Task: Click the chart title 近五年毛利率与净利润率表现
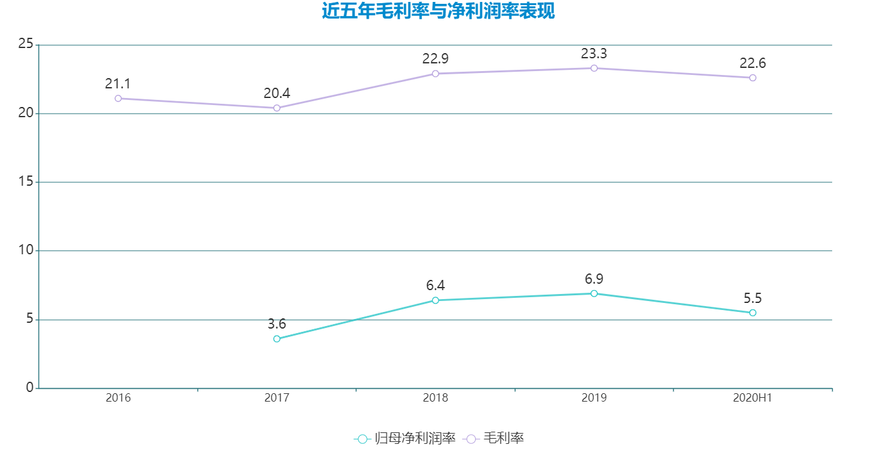[x=438, y=12]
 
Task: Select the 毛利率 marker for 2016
[x=118, y=99]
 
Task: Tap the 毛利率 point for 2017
[x=277, y=108]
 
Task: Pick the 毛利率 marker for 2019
[x=594, y=68]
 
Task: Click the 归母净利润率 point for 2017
[x=277, y=339]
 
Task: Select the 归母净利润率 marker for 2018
[x=435, y=300]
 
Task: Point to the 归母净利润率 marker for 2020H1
[x=753, y=313]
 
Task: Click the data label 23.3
[x=594, y=54]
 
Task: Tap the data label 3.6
[x=277, y=324]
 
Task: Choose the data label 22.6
[x=753, y=63]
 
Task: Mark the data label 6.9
[x=594, y=279]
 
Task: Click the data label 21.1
[x=118, y=84]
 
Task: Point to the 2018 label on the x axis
[x=435, y=398]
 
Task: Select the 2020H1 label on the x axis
[x=753, y=398]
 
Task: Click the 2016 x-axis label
[x=118, y=398]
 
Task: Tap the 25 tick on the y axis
[x=26, y=44]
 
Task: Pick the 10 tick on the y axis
[x=26, y=250]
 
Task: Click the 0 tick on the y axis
[x=29, y=388]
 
